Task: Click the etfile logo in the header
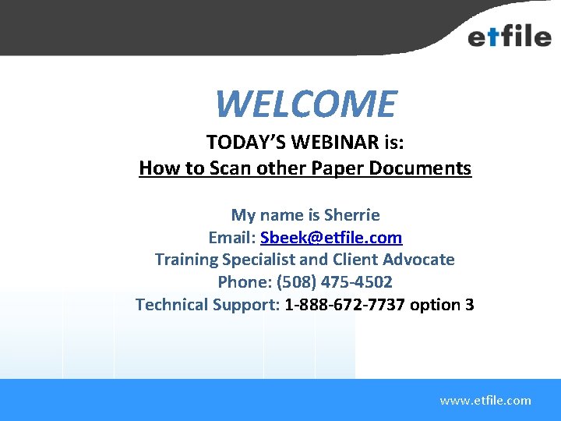point(509,35)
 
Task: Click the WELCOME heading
point(305,104)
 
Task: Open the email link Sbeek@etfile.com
point(331,237)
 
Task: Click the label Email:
point(232,237)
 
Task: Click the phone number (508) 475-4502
point(334,281)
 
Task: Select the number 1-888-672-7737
point(345,304)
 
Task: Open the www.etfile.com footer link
point(485,401)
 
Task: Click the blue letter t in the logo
point(493,36)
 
